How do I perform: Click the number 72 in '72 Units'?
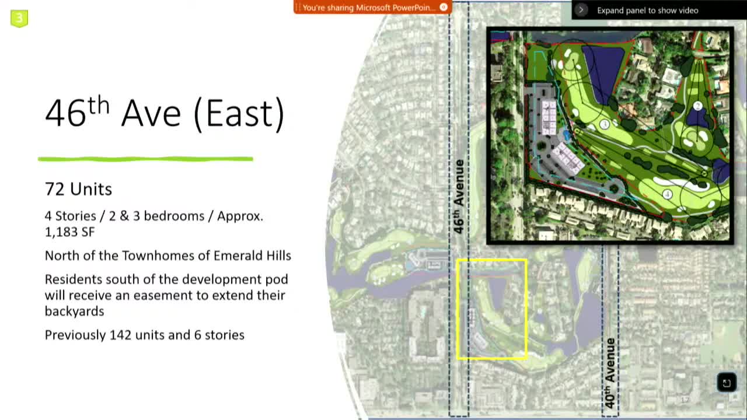(x=56, y=189)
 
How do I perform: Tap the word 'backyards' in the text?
(x=74, y=311)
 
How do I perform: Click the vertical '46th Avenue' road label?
(x=459, y=196)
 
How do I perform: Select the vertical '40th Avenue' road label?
(x=610, y=372)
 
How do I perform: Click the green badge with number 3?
(x=19, y=19)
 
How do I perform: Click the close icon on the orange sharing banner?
(x=444, y=7)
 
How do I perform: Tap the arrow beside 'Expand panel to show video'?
(x=581, y=10)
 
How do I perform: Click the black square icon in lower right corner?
(x=726, y=383)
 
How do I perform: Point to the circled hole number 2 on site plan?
(x=697, y=106)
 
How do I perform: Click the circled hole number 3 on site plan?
(x=605, y=124)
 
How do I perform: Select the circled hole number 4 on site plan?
(x=667, y=194)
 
